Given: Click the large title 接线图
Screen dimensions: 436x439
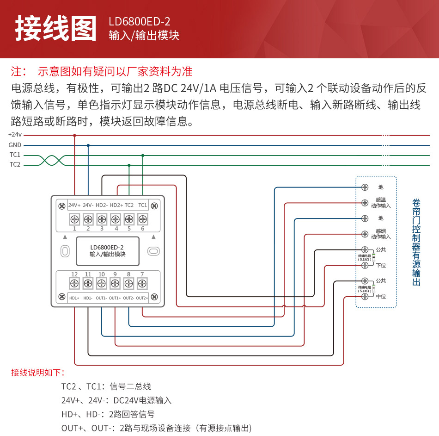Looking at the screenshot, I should pos(56,29).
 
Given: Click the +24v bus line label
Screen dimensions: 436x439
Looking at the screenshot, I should pos(15,135).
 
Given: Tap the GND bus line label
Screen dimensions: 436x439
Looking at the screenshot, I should pos(15,145).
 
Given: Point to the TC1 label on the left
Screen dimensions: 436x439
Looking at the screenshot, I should pos(15,155).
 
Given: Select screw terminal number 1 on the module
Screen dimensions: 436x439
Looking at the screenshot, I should pos(74,219).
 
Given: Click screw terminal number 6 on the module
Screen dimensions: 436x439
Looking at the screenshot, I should pos(143,219).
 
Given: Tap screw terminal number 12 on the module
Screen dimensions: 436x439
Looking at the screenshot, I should pos(74,283).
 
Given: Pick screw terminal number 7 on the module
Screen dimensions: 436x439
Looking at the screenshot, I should pos(142,283).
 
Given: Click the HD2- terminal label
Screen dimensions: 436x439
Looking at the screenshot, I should pos(102,205).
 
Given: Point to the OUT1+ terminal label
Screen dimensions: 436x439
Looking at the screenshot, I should pos(115,298).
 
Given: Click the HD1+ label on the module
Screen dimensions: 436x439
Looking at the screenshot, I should pos(74,298).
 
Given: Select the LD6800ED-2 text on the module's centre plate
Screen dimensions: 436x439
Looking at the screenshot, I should pos(107,247).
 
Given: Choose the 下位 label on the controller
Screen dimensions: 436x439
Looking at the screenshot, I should pos(381,265).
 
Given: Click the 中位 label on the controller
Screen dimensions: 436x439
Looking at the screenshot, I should pos(381,296).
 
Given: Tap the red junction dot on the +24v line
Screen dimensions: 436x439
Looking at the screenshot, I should pos(74,135).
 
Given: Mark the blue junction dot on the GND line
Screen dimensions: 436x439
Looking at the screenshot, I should pos(88,145).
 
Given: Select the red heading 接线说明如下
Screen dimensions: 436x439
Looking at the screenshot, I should pos(38,373).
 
